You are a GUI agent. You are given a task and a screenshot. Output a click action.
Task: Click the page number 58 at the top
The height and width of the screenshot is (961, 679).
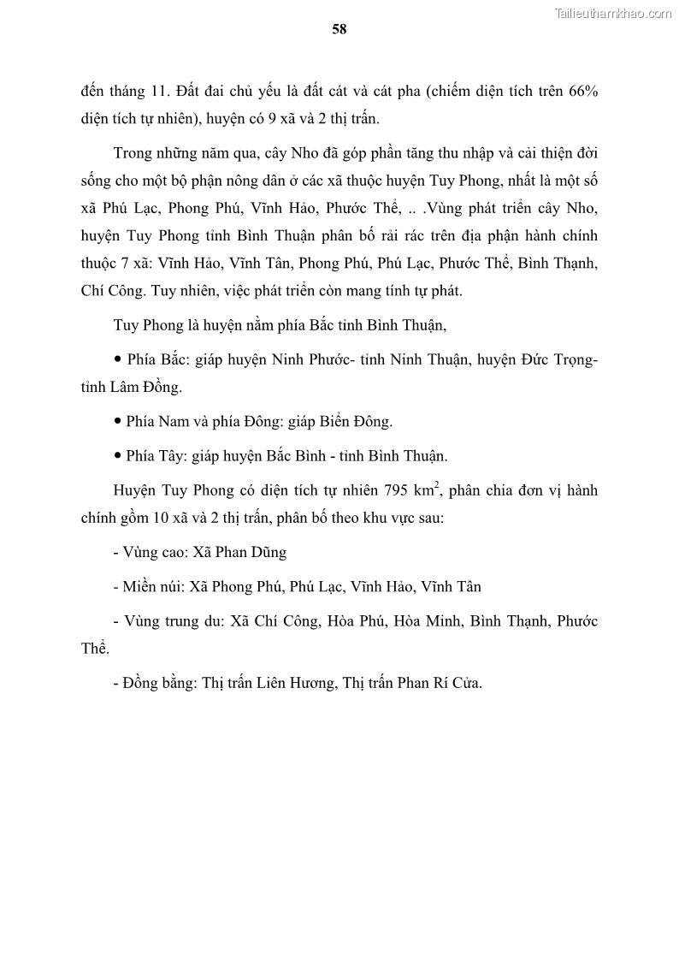pyautogui.click(x=339, y=29)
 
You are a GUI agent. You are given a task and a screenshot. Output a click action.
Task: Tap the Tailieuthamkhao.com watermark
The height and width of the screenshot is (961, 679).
pyautogui.click(x=613, y=13)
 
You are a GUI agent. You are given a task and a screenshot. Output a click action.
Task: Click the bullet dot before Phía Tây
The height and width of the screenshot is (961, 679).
pyautogui.click(x=117, y=455)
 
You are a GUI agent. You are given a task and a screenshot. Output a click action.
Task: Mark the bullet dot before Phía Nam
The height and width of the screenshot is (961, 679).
pyautogui.click(x=117, y=421)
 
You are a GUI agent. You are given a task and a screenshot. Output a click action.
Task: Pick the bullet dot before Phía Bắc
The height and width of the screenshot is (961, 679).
pyautogui.click(x=117, y=360)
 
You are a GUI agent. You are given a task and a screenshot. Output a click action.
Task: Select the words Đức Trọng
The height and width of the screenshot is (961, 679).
pyautogui.click(x=557, y=360)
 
